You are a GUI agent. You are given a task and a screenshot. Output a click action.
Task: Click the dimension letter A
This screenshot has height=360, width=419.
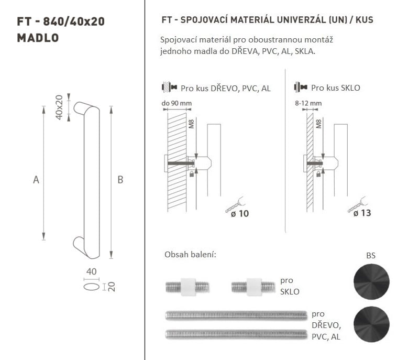tap(36, 180)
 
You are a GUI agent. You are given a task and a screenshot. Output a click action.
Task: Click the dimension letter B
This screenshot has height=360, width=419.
tap(120, 180)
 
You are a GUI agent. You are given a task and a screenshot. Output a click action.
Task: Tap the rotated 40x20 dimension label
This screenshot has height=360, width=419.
tap(59, 107)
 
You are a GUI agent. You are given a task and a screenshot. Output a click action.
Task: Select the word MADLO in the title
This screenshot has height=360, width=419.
tap(38, 38)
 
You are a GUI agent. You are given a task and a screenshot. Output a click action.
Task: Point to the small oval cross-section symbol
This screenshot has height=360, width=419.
tap(91, 287)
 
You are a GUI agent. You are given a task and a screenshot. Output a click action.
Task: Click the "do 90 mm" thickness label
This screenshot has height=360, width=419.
tap(177, 103)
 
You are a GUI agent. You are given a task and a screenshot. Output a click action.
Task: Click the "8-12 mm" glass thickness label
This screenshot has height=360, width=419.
tap(308, 103)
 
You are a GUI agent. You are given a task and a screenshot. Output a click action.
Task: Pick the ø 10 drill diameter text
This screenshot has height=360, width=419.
tap(240, 214)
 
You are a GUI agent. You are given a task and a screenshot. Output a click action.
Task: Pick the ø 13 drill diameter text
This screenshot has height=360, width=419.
tap(362, 213)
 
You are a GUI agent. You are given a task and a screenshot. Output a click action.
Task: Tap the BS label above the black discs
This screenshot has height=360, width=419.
tap(371, 256)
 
